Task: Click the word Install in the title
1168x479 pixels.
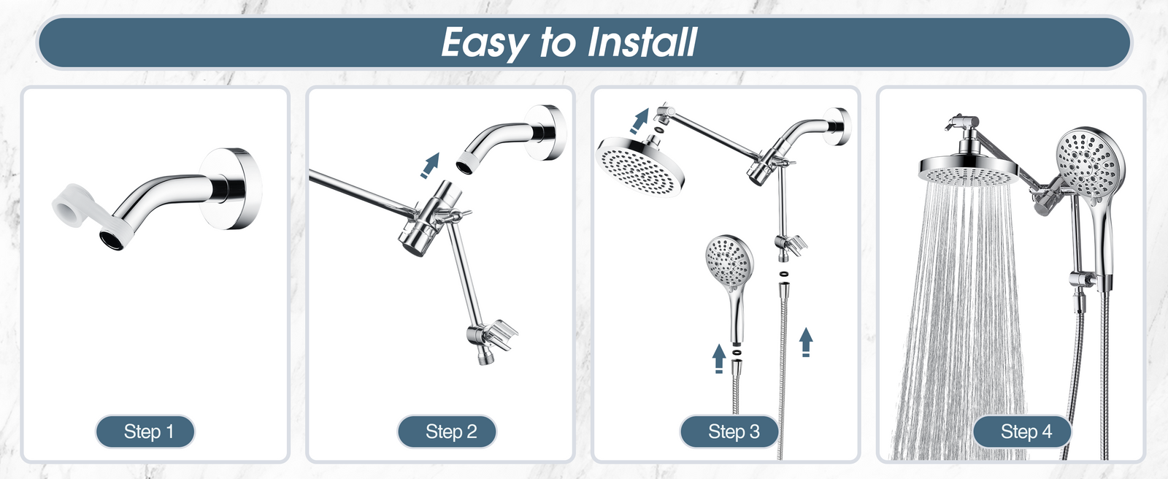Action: pos(642,42)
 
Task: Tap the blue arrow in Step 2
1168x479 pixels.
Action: pos(430,166)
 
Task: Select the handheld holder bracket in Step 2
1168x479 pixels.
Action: pos(492,335)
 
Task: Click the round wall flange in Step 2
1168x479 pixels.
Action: pos(545,133)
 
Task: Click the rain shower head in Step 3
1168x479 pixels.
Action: pos(640,166)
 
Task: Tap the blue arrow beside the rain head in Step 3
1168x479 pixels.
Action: pos(640,121)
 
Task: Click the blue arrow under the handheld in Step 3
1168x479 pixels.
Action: pos(719,359)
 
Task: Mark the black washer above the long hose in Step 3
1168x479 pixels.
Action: pos(783,273)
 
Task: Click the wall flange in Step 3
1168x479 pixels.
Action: pos(837,127)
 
